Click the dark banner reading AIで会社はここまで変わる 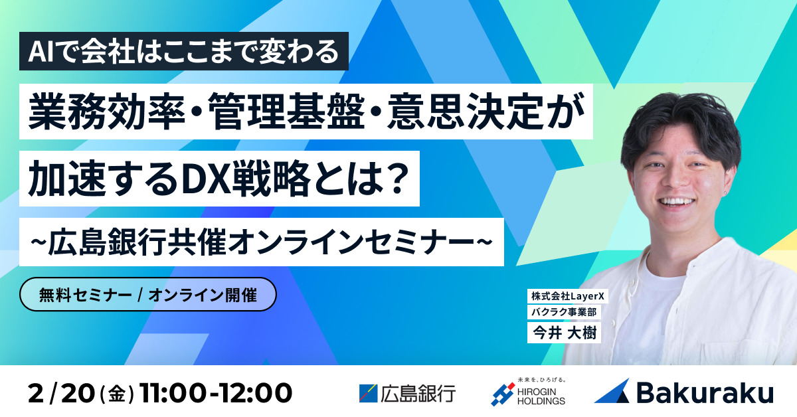[183, 51]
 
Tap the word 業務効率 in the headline [107, 112]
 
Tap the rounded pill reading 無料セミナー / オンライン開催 [147, 294]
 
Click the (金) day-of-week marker [118, 394]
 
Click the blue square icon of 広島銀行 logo [368, 394]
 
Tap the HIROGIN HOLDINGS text [541, 396]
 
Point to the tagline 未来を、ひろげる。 [541, 380]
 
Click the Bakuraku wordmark [705, 393]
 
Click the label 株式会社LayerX [567, 296]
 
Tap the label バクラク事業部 [564, 312]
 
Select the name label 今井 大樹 [564, 333]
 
